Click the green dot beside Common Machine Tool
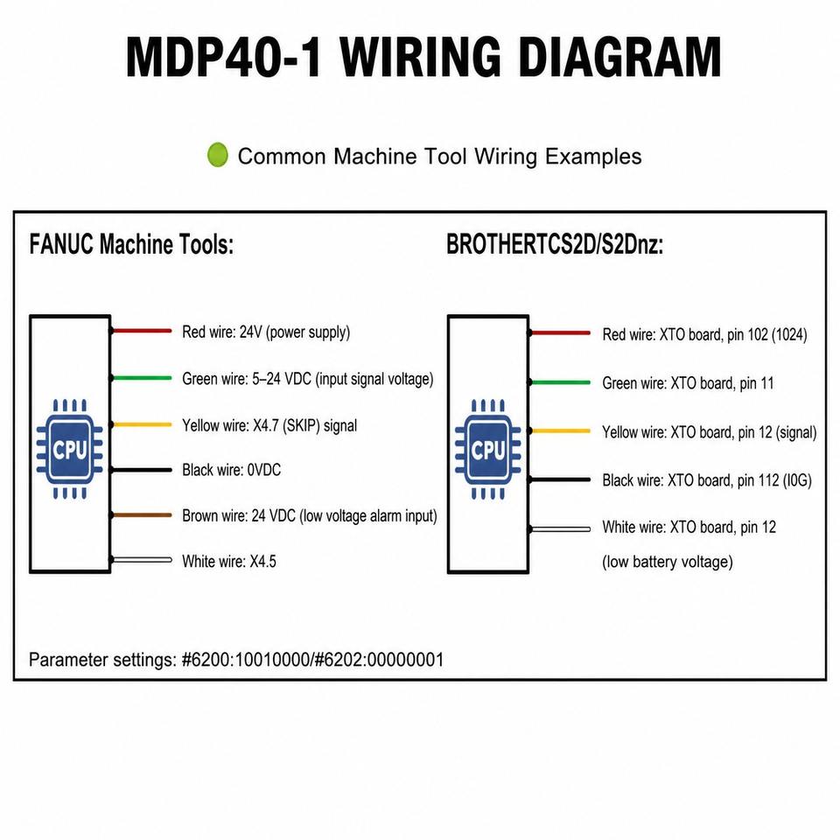pyautogui.click(x=218, y=155)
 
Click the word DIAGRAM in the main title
pyautogui.click(x=619, y=58)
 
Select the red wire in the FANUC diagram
pyautogui.click(x=142, y=331)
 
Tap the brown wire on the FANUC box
pyautogui.click(x=142, y=514)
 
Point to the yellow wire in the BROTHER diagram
pyautogui.click(x=560, y=430)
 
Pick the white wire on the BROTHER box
pyautogui.click(x=560, y=528)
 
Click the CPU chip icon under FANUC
pyautogui.click(x=70, y=449)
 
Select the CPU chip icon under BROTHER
pyautogui.click(x=488, y=449)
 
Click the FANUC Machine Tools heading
pyautogui.click(x=131, y=244)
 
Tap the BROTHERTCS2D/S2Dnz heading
pyautogui.click(x=555, y=245)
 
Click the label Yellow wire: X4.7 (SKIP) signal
pyautogui.click(x=269, y=425)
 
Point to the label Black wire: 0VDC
pyautogui.click(x=231, y=470)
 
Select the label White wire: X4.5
pyautogui.click(x=229, y=561)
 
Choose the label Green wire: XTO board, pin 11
pyautogui.click(x=688, y=383)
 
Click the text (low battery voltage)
pyautogui.click(x=668, y=562)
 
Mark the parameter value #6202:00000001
pyautogui.click(x=379, y=660)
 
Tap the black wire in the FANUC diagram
pyautogui.click(x=142, y=470)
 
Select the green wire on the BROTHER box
pyautogui.click(x=560, y=382)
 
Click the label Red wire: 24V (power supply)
pyautogui.click(x=266, y=332)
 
